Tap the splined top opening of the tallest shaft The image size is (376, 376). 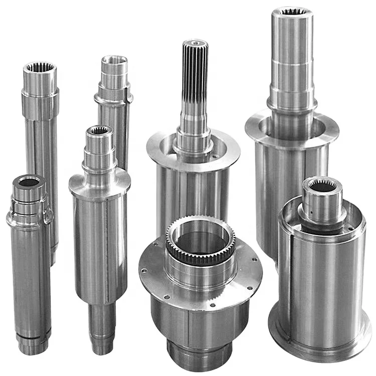292,12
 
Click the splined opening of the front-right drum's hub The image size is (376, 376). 322,186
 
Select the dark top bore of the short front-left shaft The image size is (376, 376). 29,181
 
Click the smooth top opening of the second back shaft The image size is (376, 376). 114,61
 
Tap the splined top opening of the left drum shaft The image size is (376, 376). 99,131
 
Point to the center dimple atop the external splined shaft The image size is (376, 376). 195,43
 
